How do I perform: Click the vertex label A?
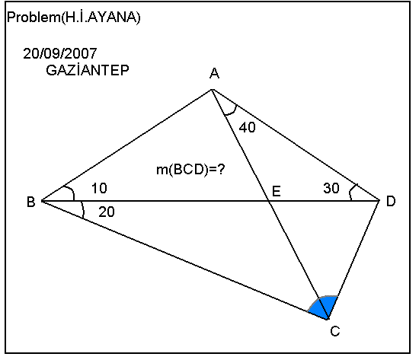click(214, 73)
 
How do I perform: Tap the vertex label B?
click(31, 202)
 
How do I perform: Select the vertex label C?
click(335, 331)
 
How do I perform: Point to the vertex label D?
click(391, 201)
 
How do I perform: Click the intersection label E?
click(277, 192)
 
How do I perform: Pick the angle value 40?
click(247, 127)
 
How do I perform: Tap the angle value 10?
click(99, 188)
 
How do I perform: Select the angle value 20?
click(107, 212)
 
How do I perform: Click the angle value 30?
click(331, 188)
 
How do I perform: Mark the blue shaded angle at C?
click(324, 307)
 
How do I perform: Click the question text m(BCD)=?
click(190, 169)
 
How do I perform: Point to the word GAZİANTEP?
click(88, 70)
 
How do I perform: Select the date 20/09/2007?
click(60, 53)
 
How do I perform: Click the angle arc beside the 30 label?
click(351, 191)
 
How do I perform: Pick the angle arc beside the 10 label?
click(71, 190)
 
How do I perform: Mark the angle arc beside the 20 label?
click(83, 210)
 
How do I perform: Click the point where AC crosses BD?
click(269, 201)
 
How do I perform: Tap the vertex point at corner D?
click(379, 200)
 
